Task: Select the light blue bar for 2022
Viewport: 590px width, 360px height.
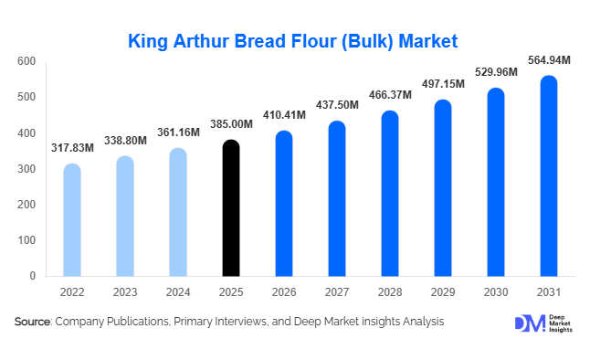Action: point(72,220)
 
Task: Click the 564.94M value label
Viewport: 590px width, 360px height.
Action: point(549,60)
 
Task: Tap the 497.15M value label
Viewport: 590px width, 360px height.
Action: point(443,84)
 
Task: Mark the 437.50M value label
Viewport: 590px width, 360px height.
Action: point(337,106)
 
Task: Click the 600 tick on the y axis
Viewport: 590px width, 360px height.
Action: point(26,61)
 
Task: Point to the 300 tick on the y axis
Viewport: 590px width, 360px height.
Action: point(26,169)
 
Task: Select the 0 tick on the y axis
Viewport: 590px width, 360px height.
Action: point(32,276)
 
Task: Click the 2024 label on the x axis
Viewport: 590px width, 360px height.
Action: point(178,292)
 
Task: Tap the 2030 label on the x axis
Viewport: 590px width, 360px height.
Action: point(496,292)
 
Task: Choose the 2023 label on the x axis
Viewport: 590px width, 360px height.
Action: point(125,292)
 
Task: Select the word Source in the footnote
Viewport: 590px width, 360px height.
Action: point(32,322)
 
